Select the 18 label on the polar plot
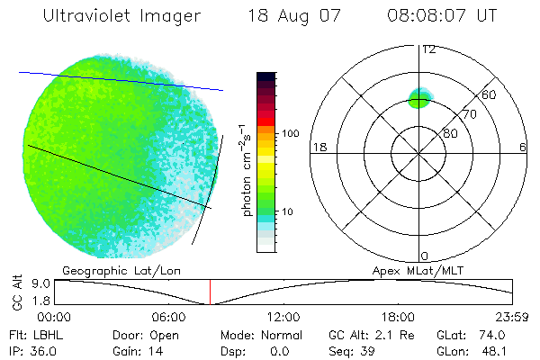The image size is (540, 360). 318,147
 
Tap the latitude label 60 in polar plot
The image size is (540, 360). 490,94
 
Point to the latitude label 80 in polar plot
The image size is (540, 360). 450,133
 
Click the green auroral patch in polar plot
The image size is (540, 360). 419,98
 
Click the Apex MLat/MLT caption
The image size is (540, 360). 415,270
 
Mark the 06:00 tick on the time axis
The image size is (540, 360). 169,317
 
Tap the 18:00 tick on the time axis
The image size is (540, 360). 398,317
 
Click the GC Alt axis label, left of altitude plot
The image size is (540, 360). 15,292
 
